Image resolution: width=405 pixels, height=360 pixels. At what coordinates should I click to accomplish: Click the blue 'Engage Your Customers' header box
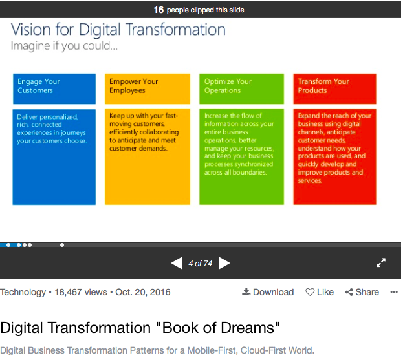(54, 89)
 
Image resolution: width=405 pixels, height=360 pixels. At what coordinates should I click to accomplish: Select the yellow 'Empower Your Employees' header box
(148, 89)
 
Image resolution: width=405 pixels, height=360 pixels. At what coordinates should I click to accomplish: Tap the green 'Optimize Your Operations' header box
(241, 89)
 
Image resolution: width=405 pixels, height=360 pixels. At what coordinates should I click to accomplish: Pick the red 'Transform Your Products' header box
(334, 89)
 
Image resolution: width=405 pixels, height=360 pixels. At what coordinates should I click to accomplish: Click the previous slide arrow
(177, 263)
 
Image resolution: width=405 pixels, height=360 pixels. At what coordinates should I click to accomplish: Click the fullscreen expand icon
(381, 262)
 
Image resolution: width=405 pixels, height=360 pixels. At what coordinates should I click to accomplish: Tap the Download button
(268, 292)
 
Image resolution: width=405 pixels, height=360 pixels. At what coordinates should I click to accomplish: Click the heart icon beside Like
(310, 292)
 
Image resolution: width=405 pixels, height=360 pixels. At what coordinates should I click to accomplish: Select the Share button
(362, 292)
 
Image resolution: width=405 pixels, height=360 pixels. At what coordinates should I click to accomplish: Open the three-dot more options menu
(394, 292)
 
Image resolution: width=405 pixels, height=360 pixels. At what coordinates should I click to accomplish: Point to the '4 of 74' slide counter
(200, 264)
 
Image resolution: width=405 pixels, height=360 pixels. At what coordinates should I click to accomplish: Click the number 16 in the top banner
(159, 10)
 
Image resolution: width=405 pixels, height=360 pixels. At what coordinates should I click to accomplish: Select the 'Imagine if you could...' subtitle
(64, 46)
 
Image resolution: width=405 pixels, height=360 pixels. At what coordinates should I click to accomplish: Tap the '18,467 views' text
(81, 292)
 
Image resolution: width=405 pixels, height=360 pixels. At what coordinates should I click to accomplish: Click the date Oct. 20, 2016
(143, 292)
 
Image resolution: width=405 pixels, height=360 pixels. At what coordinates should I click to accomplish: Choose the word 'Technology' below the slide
(23, 293)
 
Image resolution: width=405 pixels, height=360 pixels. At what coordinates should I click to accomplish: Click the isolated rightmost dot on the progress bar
(62, 245)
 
